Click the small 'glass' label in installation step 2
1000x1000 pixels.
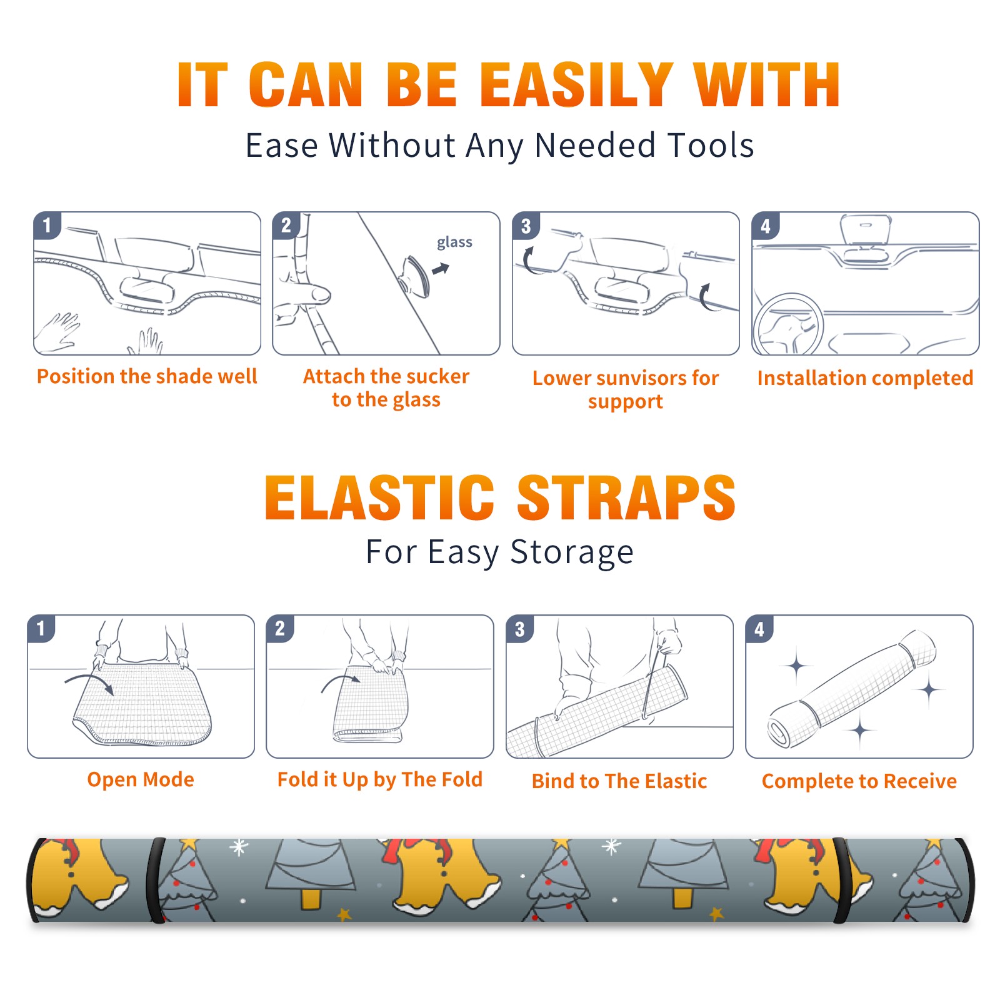[454, 242]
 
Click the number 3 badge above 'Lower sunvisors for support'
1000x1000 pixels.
[526, 226]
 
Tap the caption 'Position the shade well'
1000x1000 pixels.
[147, 376]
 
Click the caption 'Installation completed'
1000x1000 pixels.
[865, 377]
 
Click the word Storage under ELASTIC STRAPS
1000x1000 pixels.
[572, 552]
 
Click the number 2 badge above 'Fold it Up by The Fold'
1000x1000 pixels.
[280, 628]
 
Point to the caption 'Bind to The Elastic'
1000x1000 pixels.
[619, 781]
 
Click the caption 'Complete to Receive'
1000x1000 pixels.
[859, 781]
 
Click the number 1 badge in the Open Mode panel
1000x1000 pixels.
[41, 628]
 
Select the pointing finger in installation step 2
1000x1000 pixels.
[302, 293]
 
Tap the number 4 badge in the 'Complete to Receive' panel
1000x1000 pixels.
[759, 628]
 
